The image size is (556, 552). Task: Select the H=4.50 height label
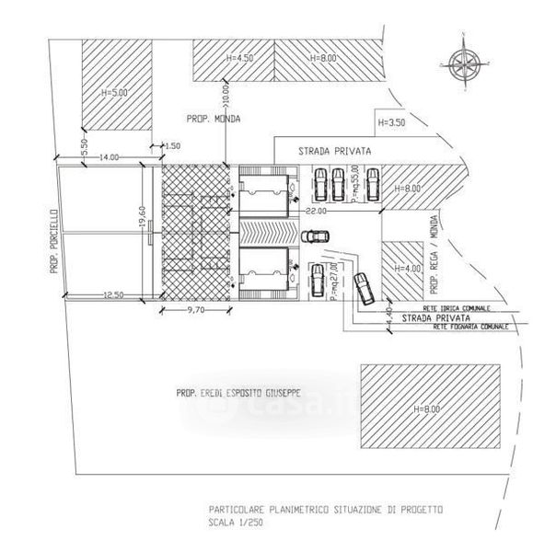point(237,58)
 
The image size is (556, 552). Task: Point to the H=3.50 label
point(391,121)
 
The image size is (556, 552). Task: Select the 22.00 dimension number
point(316,213)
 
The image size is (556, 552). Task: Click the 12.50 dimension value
point(112,293)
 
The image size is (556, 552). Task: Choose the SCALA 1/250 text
point(234,523)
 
